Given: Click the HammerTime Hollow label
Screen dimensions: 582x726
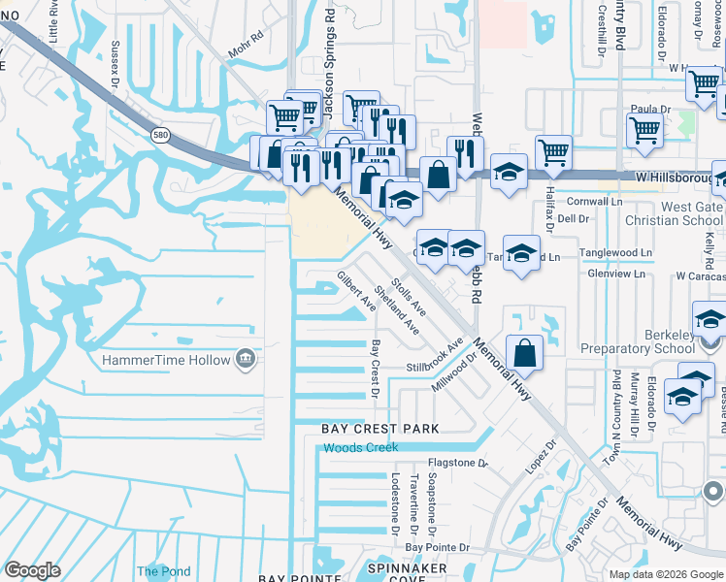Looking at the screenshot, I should pos(167,361).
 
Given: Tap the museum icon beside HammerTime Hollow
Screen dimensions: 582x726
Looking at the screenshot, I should pos(247,360).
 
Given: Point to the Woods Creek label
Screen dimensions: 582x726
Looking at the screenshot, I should pos(358,447).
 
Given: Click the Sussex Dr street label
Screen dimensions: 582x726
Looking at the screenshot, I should pos(115,63).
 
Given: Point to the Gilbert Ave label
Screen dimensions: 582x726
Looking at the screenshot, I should pos(356,291).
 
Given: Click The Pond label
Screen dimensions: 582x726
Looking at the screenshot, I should pos(163,571).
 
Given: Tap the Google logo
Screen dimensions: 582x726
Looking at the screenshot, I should pos(32,570).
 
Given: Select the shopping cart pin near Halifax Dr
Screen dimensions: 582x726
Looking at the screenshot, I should pos(553,150).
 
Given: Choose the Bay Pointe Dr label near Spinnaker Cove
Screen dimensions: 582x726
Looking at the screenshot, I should pos(437,547).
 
